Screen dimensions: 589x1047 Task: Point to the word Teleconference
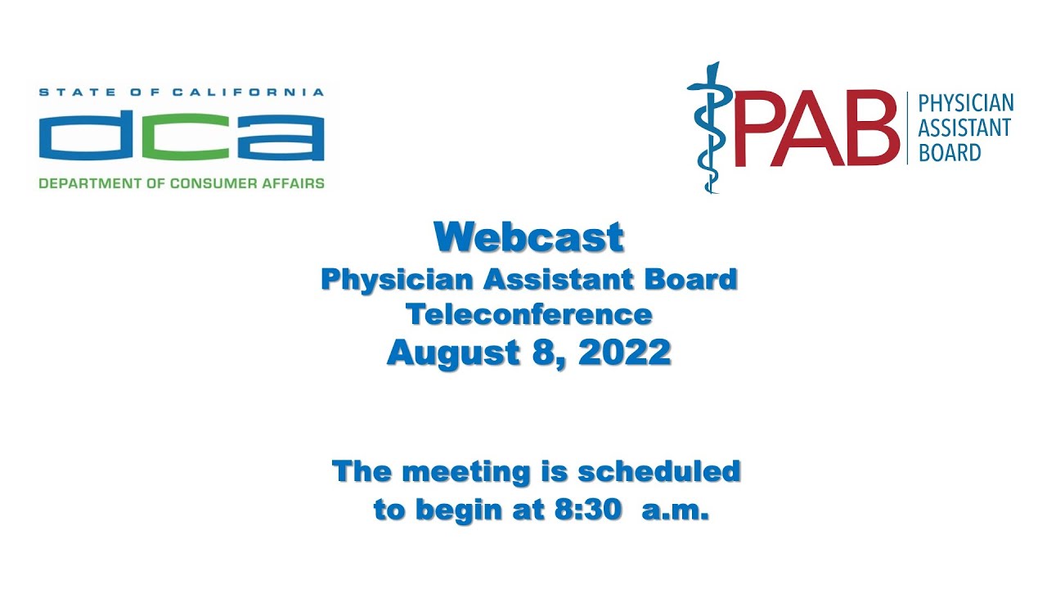(529, 314)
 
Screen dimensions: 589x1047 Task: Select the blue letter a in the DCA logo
(281, 138)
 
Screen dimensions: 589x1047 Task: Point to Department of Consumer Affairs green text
(181, 183)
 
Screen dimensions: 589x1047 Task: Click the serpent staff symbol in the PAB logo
(704, 127)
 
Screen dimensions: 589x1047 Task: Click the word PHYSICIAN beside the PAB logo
(965, 104)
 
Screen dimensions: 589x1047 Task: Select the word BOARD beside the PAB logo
(949, 152)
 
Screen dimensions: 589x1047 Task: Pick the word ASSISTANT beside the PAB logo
(964, 128)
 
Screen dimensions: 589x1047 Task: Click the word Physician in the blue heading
(397, 280)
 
